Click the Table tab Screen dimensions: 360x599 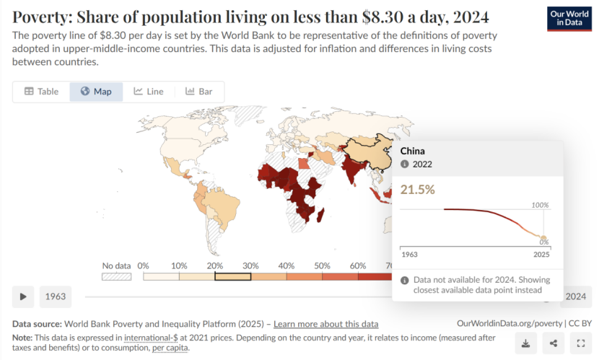[41, 92]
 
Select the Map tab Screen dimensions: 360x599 [96, 92]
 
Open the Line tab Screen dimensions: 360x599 [149, 92]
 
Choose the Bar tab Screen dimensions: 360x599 [199, 92]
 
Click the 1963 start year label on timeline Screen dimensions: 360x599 [56, 297]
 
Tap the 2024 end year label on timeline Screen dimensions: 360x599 [575, 297]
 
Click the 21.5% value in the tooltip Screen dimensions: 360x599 [418, 189]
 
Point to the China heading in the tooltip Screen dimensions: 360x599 [413, 151]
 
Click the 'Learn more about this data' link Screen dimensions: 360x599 [325, 324]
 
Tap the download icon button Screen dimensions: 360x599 [526, 343]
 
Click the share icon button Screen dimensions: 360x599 [553, 343]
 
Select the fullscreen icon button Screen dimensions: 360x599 [580, 343]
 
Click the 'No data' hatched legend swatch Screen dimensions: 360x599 [116, 276]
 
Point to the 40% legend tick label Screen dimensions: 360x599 [286, 265]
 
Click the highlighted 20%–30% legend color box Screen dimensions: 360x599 [232, 276]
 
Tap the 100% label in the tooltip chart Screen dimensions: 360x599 [541, 205]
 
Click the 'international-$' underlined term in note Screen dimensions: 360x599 [151, 337]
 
